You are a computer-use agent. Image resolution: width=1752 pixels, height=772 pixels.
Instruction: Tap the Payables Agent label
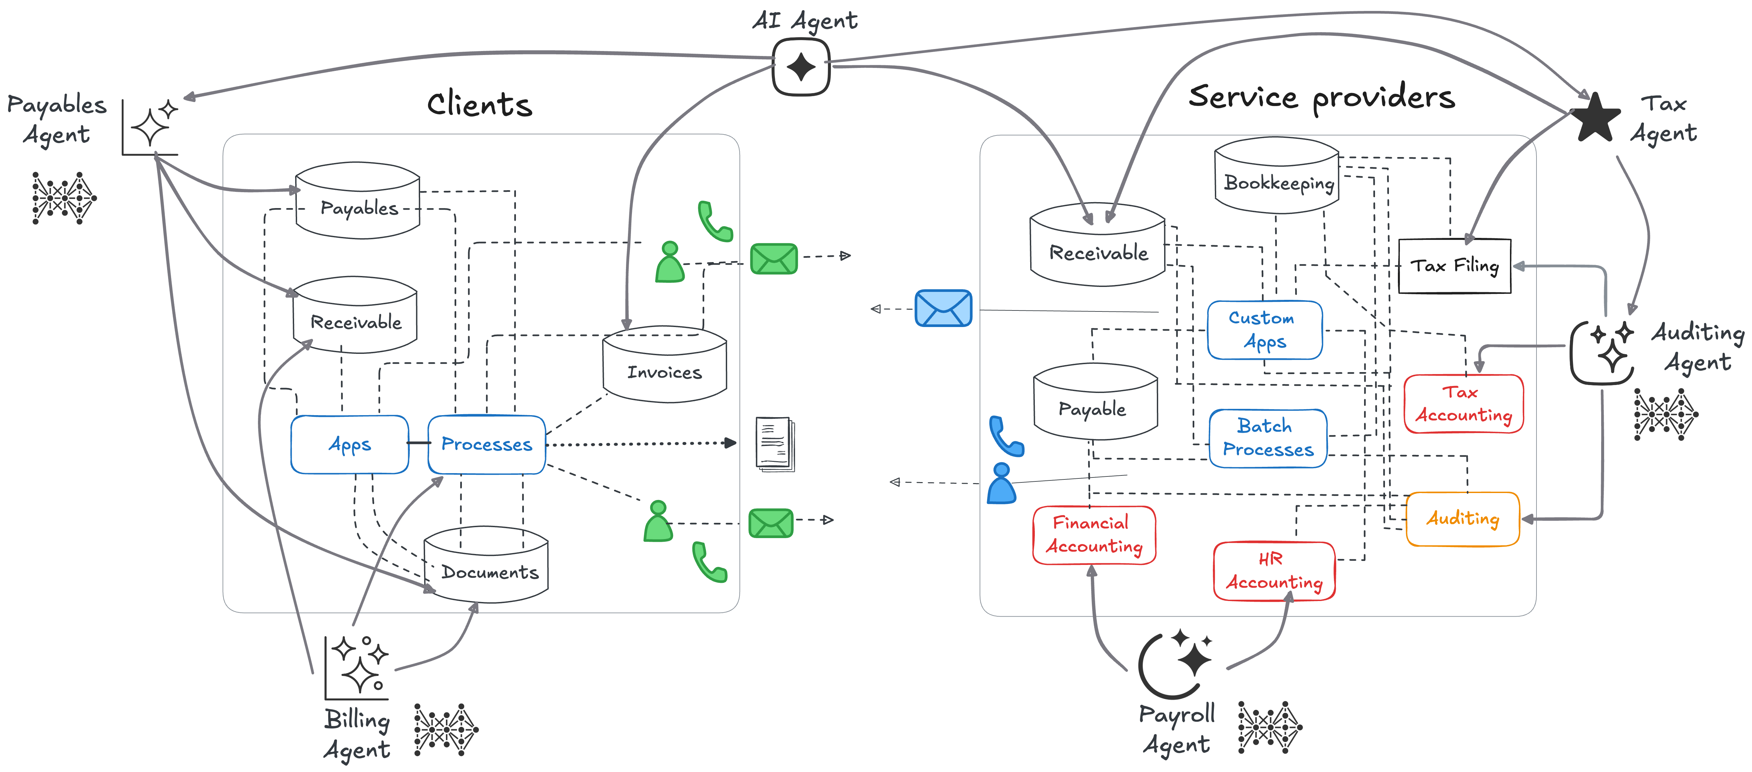tap(56, 120)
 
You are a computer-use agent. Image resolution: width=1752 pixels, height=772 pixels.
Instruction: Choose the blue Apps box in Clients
tap(349, 444)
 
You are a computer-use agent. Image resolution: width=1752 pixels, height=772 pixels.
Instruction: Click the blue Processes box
tap(486, 444)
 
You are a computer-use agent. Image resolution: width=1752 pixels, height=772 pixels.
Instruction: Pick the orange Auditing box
tap(1462, 519)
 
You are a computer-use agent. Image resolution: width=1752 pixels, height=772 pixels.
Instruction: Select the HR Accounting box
tap(1274, 571)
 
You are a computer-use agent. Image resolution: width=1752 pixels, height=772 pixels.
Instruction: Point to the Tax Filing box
tap(1454, 266)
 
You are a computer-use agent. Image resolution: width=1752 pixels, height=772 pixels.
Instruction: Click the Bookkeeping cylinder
tap(1277, 178)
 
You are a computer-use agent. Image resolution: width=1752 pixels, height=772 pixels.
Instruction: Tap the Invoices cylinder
tap(664, 367)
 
